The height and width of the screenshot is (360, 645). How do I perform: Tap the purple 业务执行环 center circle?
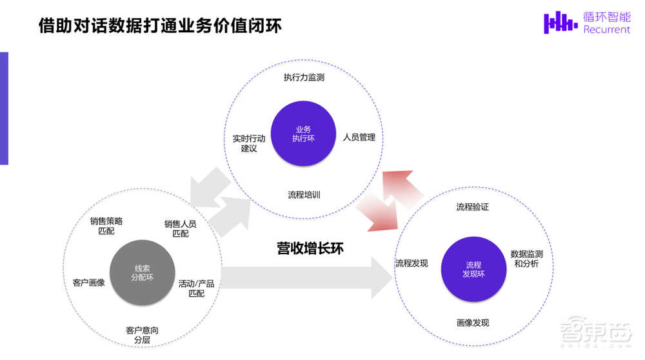click(303, 134)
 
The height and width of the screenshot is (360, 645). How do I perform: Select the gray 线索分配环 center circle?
click(142, 273)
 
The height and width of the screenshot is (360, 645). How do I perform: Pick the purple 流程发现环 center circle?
click(473, 269)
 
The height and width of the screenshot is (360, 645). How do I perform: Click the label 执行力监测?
click(303, 77)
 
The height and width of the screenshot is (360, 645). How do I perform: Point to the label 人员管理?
click(359, 137)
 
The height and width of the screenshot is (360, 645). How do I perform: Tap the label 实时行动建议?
click(249, 143)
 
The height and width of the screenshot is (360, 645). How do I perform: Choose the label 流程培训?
click(304, 194)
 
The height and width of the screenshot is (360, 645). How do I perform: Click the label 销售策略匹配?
click(106, 226)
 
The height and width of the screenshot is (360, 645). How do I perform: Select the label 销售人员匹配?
click(181, 228)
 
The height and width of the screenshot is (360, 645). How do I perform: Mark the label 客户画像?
click(89, 283)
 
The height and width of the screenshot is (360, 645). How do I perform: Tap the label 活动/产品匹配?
click(196, 288)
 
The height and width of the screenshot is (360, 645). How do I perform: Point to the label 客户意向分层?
click(142, 335)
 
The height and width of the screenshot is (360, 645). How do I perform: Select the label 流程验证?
click(472, 207)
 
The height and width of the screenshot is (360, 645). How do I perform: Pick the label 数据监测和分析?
click(526, 259)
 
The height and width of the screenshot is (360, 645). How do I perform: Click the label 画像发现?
click(472, 323)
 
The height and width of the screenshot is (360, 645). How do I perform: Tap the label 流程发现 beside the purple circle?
click(412, 263)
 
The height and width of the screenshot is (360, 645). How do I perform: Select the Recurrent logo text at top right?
click(606, 29)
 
